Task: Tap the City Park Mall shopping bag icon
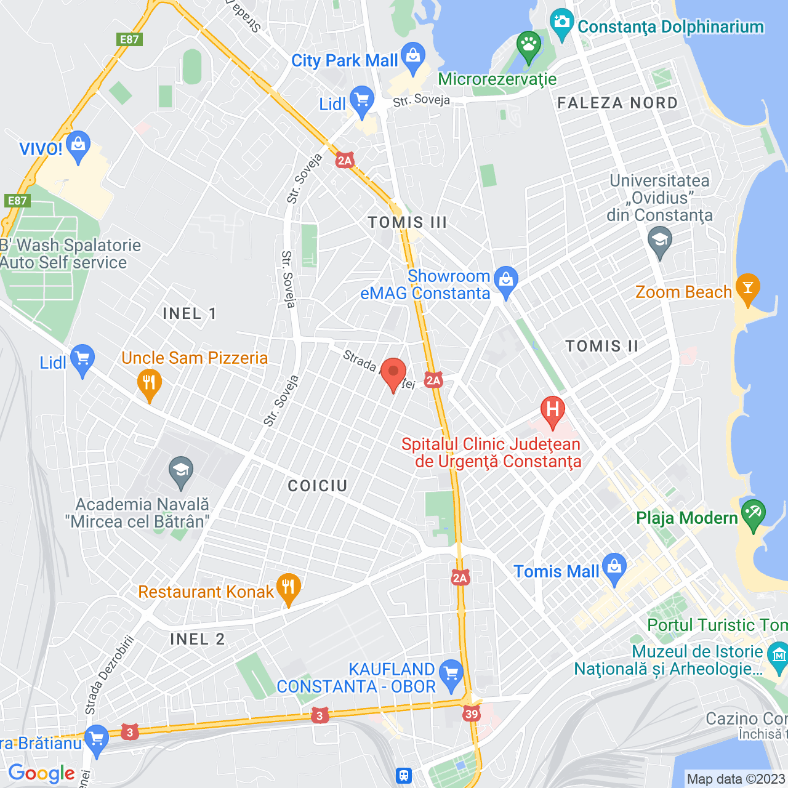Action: coord(413,57)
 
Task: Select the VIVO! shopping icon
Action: coord(78,145)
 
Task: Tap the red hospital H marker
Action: coord(552,410)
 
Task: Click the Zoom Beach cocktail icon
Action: coord(748,287)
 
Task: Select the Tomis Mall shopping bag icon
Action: coord(614,568)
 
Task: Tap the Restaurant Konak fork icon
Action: coord(288,587)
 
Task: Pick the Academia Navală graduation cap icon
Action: coord(180,471)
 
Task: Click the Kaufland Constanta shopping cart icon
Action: coord(451,672)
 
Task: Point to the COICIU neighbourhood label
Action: coord(318,486)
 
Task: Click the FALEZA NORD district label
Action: coord(617,103)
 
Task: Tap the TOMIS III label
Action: coord(407,222)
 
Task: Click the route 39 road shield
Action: coord(472,714)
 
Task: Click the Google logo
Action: coord(42,773)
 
